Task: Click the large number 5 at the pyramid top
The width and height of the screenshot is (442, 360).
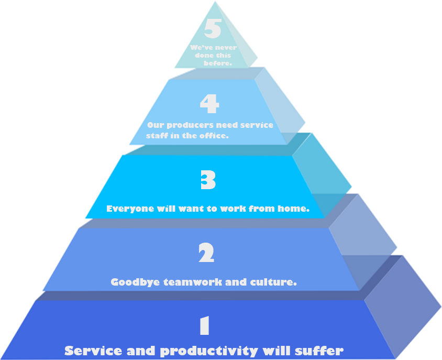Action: tap(213, 28)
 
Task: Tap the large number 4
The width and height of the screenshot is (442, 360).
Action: tap(209, 104)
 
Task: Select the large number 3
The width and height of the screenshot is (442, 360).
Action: tap(208, 180)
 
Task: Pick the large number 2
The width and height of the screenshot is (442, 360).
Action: tap(206, 253)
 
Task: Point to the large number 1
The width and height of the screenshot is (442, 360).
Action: tap(205, 325)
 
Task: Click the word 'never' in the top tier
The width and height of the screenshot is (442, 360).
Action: tap(226, 47)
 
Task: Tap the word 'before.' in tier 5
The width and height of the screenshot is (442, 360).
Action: tap(218, 63)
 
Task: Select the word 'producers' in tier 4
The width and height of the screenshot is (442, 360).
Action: tap(190, 125)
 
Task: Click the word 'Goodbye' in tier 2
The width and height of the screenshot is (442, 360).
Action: tap(135, 282)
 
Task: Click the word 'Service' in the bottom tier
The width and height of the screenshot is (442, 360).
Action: tap(93, 351)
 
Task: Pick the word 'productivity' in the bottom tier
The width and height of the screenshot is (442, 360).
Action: tap(209, 351)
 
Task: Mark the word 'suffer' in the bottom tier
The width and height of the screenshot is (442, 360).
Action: tap(319, 351)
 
